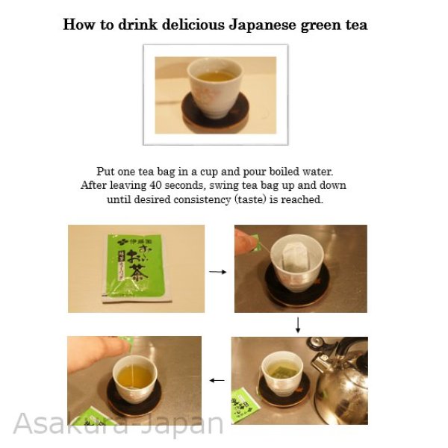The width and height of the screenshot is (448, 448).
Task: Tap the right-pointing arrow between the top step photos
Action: [217, 273]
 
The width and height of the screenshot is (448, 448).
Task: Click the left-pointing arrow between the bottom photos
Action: [217, 380]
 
